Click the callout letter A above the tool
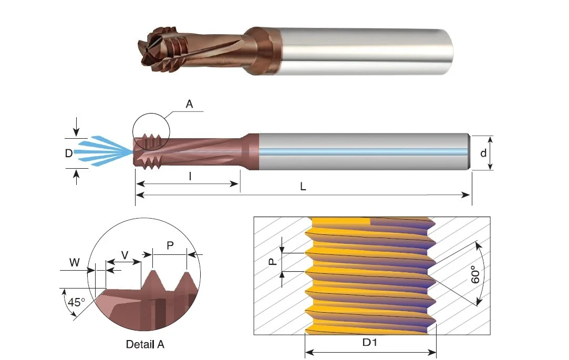[189, 104]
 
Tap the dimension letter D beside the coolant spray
[69, 153]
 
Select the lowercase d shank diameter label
[483, 153]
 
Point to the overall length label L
[303, 187]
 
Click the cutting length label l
[190, 177]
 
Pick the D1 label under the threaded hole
[370, 342]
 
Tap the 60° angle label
[475, 274]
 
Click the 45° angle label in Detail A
[77, 302]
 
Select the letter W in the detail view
[75, 262]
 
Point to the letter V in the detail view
[125, 255]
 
